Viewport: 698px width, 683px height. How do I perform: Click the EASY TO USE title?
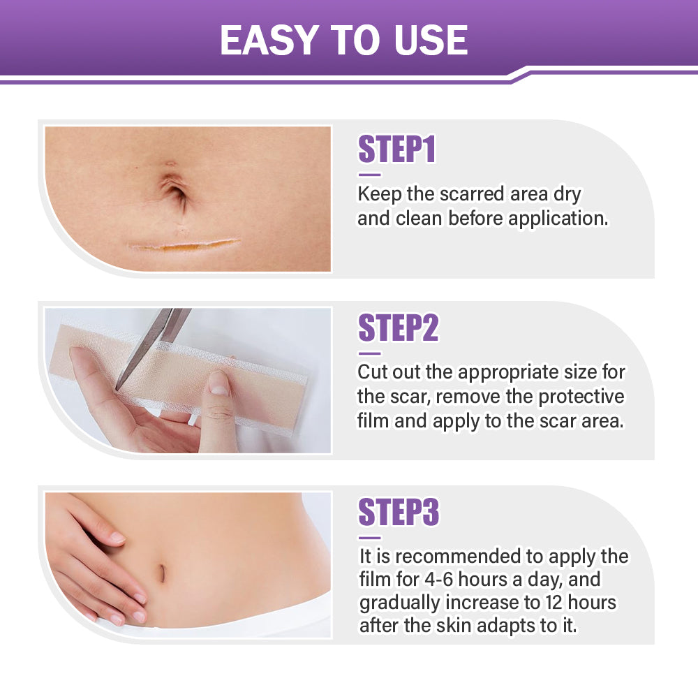tap(343, 40)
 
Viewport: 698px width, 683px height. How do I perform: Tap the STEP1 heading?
tap(396, 149)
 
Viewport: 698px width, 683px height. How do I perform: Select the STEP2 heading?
tap(398, 328)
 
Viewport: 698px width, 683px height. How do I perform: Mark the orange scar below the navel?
tap(183, 245)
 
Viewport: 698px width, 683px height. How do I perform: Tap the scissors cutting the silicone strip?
tap(150, 341)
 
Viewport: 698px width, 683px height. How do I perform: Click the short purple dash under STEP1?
tap(369, 175)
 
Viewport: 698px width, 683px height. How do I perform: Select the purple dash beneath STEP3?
tap(369, 538)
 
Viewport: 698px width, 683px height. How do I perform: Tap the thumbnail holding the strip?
tap(219, 383)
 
